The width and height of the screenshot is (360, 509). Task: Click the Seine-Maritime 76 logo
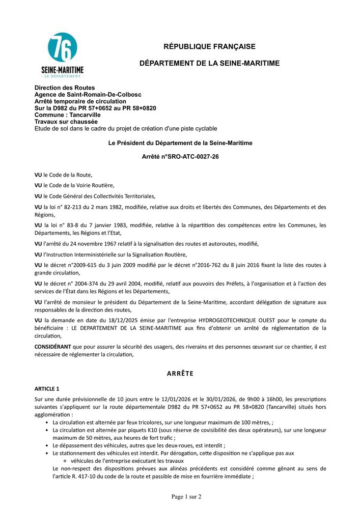[x=62, y=54]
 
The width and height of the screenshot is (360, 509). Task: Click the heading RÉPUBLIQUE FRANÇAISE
[x=209, y=47]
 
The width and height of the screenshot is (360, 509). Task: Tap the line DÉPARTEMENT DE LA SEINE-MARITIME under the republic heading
[x=209, y=63]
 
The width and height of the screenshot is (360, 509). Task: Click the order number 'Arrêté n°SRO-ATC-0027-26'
[x=180, y=157]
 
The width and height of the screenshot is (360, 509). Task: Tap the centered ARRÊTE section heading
[x=180, y=374]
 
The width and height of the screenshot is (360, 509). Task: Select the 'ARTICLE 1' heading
[x=47, y=389]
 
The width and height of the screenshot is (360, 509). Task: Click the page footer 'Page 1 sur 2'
[x=186, y=496]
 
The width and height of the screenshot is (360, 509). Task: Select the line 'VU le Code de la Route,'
[x=64, y=175]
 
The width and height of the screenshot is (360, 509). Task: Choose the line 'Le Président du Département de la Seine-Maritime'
[x=180, y=144]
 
